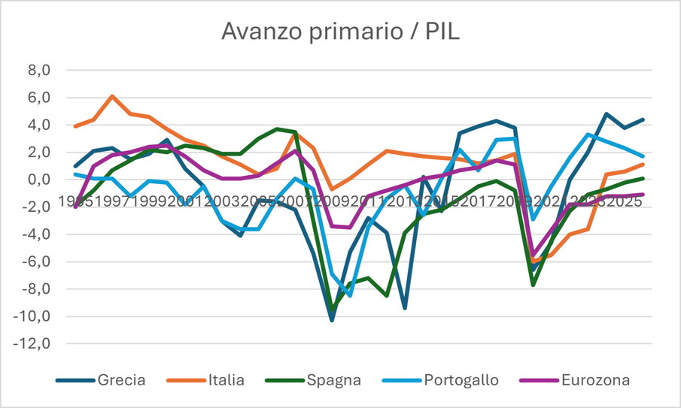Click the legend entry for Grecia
tap(120, 380)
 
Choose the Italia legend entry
tap(225, 380)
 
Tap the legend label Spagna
tap(333, 380)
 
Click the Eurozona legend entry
tap(595, 380)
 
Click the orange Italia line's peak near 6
tap(112, 96)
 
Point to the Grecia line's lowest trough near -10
tap(332, 320)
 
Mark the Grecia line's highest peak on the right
tap(607, 114)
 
